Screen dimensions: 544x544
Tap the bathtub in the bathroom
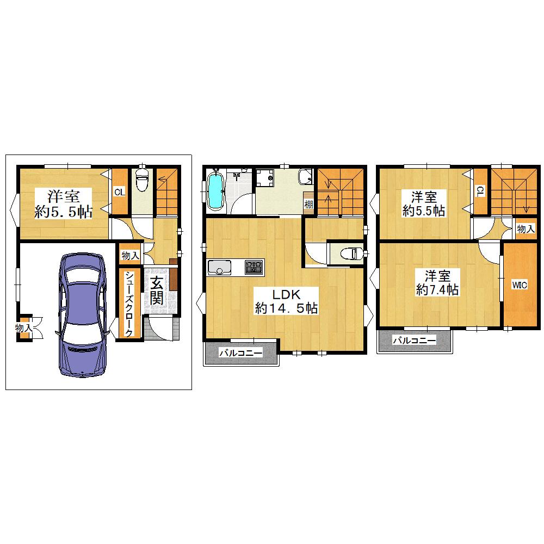(215, 191)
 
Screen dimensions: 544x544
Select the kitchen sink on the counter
(219, 268)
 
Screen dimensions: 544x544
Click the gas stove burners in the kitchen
(254, 267)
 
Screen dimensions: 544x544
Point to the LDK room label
(286, 294)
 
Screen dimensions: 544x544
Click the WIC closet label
(520, 285)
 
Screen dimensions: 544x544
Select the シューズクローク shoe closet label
(129, 304)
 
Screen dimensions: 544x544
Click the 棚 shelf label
(308, 203)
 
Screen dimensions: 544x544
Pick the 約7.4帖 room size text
(437, 290)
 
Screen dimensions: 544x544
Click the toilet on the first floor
(141, 180)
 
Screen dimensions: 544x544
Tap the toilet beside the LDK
(351, 254)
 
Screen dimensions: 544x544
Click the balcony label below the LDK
(241, 353)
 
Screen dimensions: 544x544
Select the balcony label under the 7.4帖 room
(414, 341)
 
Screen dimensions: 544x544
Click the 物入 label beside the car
(24, 327)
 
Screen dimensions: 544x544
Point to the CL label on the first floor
(120, 192)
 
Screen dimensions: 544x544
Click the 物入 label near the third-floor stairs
(526, 228)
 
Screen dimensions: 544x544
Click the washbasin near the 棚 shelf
(305, 177)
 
